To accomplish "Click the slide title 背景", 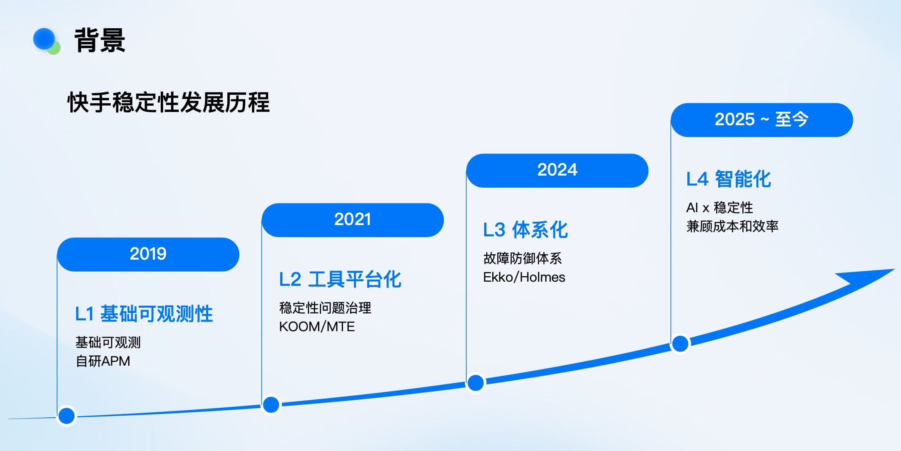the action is (100, 40).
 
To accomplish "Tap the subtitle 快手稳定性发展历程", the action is (169, 102).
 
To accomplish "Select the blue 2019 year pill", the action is (148, 254).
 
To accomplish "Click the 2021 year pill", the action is (353, 220).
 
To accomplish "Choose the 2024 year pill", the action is (557, 170).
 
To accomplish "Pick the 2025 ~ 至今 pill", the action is (762, 120).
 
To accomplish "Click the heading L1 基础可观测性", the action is (144, 314).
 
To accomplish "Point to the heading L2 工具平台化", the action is (340, 279).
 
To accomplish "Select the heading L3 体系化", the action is (525, 230).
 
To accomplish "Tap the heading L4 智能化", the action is (729, 179).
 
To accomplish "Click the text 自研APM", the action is (103, 361).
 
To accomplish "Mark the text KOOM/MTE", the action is (317, 327).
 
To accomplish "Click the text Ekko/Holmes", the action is (524, 277).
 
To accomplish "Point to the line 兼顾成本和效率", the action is (732, 226).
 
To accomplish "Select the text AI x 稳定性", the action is (719, 207).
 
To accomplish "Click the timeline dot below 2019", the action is (67, 416).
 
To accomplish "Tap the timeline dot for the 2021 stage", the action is (271, 404).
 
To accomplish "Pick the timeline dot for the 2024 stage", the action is (475, 383).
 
